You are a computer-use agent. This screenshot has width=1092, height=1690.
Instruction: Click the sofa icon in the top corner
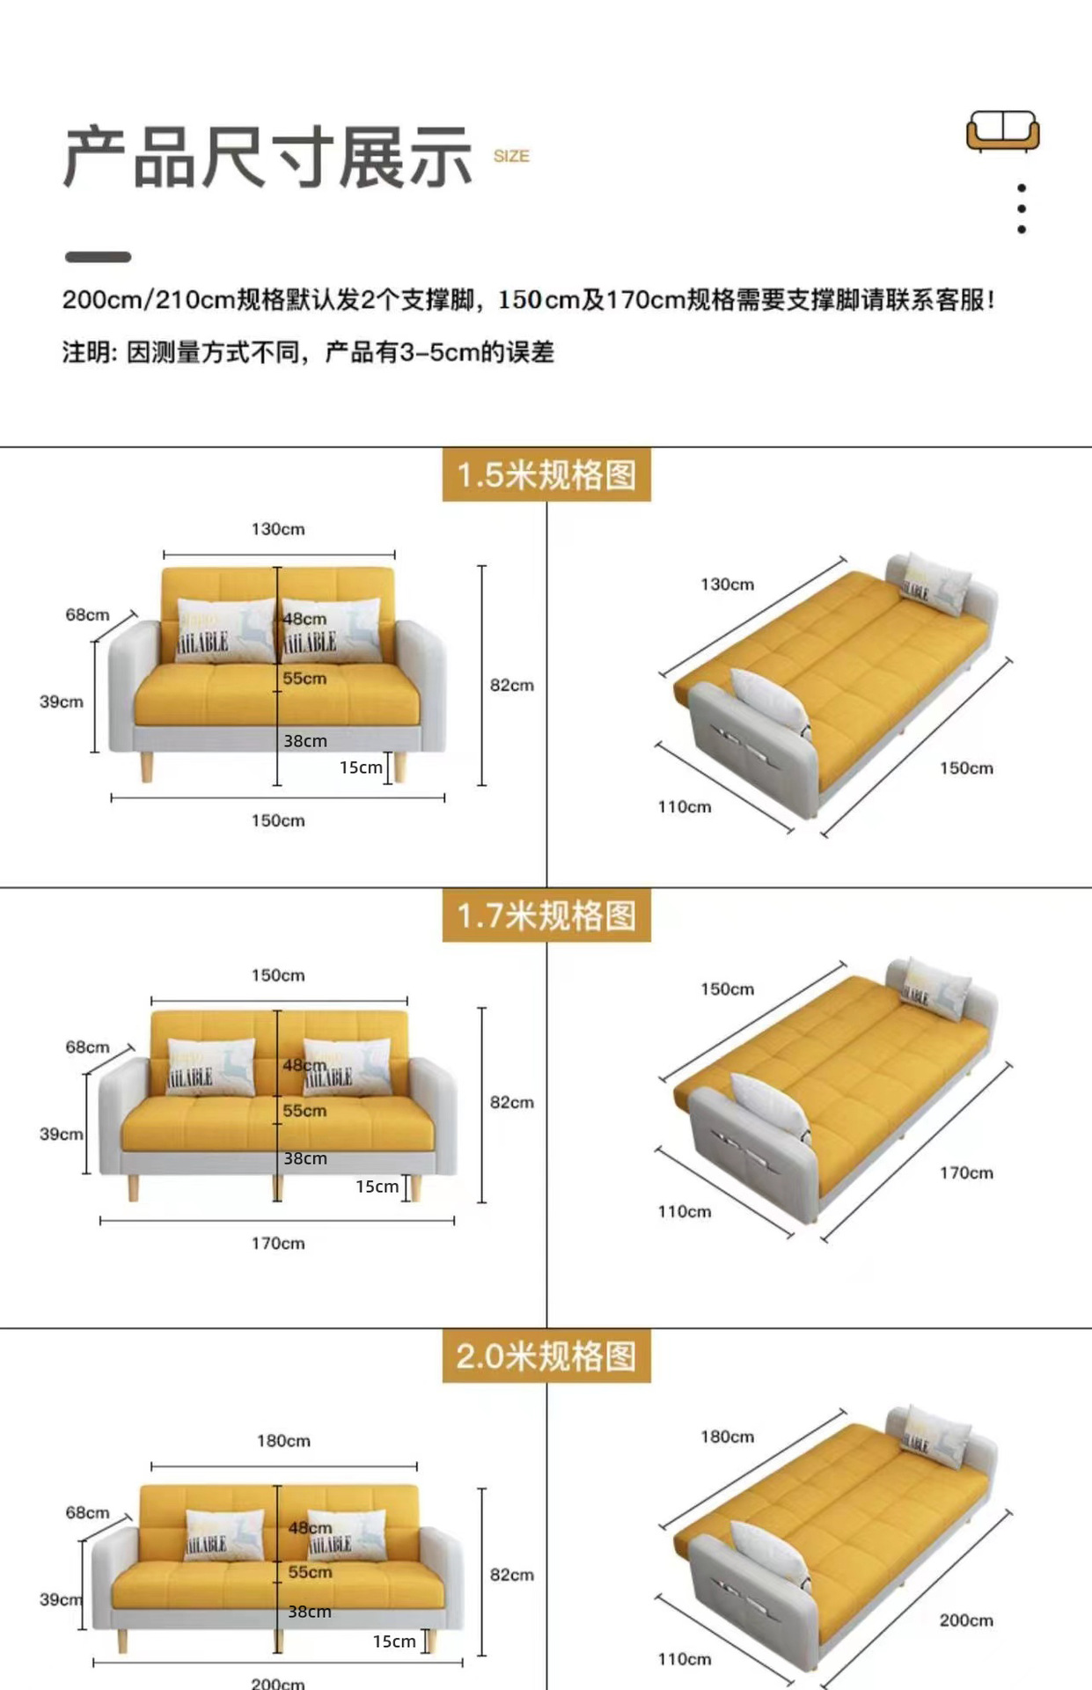pyautogui.click(x=1002, y=131)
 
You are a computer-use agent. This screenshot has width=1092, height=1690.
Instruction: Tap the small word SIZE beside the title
pyautogui.click(x=510, y=157)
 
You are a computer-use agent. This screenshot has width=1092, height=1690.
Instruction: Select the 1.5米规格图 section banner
pyautogui.click(x=546, y=475)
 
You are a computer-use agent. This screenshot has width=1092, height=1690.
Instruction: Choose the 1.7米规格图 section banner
pyautogui.click(x=546, y=916)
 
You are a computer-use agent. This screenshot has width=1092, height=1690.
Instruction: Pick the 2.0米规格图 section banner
pyautogui.click(x=546, y=1356)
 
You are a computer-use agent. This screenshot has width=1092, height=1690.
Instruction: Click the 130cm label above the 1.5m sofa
pyautogui.click(x=278, y=529)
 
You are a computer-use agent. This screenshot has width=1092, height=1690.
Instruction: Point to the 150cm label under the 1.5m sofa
pyautogui.click(x=278, y=820)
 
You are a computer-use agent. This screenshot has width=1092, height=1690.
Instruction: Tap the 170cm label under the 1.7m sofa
pyautogui.click(x=278, y=1243)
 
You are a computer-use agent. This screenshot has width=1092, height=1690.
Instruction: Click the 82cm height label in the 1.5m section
pyautogui.click(x=511, y=685)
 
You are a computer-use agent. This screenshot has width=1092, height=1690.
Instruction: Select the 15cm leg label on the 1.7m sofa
pyautogui.click(x=377, y=1187)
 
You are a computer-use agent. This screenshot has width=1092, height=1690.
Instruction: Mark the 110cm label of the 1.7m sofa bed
pyautogui.click(x=684, y=1211)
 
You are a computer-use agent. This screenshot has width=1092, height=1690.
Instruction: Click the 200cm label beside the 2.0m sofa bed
pyautogui.click(x=965, y=1620)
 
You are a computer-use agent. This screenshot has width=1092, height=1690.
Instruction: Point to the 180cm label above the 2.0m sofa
pyautogui.click(x=283, y=1441)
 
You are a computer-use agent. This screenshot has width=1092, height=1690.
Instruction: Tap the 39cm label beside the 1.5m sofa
pyautogui.click(x=62, y=702)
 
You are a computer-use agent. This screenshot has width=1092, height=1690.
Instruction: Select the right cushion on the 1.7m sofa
pyautogui.click(x=346, y=1067)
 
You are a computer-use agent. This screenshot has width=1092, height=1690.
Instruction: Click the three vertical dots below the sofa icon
pyautogui.click(x=1021, y=209)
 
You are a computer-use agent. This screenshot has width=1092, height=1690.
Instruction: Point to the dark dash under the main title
pyautogui.click(x=98, y=257)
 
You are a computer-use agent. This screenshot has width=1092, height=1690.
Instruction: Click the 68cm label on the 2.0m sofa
pyautogui.click(x=87, y=1512)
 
